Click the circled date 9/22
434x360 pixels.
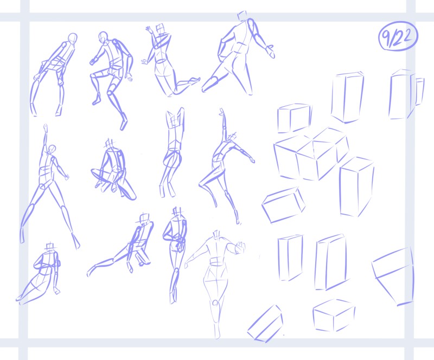398,36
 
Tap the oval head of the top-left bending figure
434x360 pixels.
73,38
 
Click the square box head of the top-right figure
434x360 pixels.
242,16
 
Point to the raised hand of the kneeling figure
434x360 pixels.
150,30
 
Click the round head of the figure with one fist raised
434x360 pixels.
52,150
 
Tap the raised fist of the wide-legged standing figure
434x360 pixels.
46,128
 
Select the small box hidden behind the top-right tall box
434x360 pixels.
420,91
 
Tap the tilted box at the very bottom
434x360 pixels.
265,324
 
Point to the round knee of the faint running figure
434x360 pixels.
215,303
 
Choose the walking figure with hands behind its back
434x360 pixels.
175,255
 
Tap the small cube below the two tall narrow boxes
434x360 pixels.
334,316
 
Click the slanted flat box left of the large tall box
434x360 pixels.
283,205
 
